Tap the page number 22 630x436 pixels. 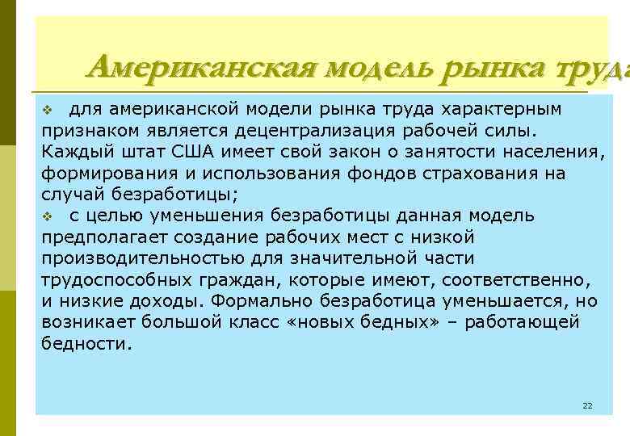tap(587, 405)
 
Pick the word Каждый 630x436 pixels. tap(73, 151)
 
